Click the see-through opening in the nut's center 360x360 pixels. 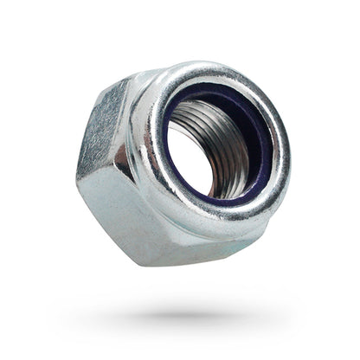[197, 157]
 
